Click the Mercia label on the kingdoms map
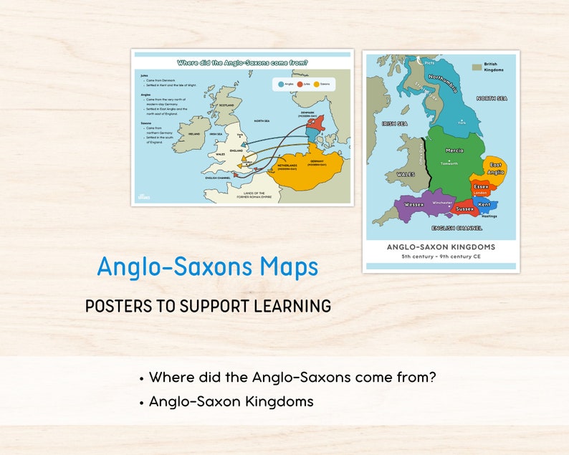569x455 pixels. pos(454,150)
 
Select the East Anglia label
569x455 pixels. pos(497,168)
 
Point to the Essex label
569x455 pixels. pos(481,186)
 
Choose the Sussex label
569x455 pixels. pos(465,209)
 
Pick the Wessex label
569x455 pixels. pos(414,204)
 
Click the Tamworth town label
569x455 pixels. pos(449,163)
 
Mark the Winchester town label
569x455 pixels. pos(442,203)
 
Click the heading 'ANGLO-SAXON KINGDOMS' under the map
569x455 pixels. pos(441,247)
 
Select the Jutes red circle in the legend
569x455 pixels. pos(299,85)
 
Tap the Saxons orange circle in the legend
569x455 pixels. pos(316,85)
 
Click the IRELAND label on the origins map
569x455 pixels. pos(194,133)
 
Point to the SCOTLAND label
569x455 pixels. pos(227,105)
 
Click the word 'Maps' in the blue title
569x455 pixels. pos(287,267)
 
